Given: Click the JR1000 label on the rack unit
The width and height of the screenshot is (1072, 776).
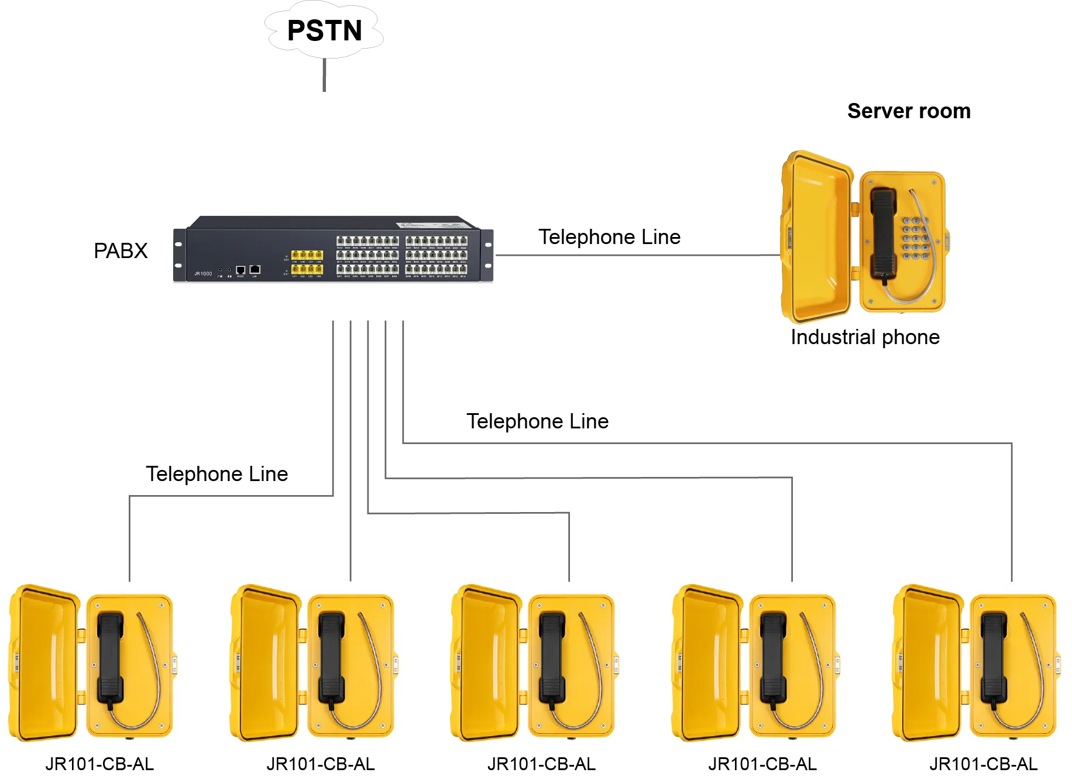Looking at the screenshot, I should (203, 273).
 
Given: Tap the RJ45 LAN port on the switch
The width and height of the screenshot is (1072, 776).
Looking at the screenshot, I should (255, 269).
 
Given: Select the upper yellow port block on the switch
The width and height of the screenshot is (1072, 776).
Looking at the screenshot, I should (307, 255).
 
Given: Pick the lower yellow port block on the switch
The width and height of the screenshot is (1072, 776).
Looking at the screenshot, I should (307, 269).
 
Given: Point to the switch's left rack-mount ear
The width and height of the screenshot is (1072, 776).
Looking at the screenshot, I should (178, 253).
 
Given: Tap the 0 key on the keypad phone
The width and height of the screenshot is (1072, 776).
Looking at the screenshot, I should (916, 248).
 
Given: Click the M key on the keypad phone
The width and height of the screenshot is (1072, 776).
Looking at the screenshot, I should (907, 256).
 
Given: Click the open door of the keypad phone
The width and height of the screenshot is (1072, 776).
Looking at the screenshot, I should (816, 237).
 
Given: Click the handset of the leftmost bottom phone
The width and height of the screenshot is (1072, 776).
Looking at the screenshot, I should (110, 658).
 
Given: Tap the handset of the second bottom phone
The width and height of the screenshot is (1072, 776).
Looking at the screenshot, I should (331, 658).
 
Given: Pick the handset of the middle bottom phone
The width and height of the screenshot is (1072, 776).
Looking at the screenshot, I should (552, 658).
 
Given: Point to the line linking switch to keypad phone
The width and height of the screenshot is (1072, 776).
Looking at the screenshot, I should (638, 255).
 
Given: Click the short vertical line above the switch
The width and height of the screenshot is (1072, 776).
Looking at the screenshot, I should (322, 75).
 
